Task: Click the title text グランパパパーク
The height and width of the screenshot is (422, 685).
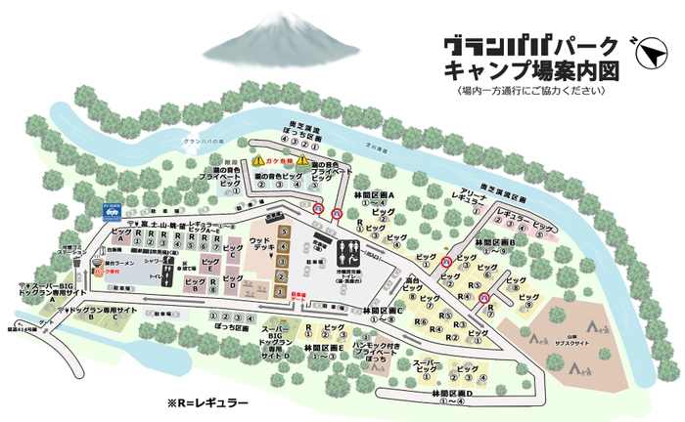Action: (529, 46)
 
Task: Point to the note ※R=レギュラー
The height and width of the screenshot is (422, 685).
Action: (206, 401)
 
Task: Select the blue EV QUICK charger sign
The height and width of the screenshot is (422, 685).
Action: (110, 207)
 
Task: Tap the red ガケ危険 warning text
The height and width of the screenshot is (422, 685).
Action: (280, 159)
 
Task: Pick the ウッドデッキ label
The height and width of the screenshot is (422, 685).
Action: (260, 243)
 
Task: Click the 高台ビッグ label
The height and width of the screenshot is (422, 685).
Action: (419, 284)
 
